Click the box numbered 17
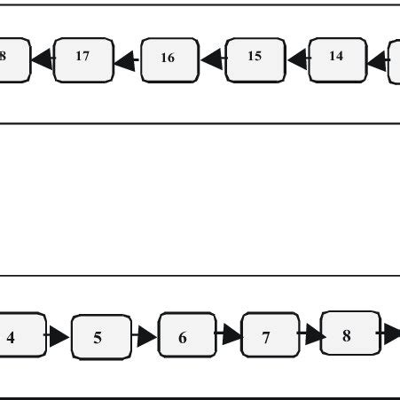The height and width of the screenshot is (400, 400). click(x=82, y=59)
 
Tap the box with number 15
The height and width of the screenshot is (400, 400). click(x=255, y=59)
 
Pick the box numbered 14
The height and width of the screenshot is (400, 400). click(x=337, y=59)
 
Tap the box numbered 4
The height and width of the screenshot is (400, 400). click(x=18, y=336)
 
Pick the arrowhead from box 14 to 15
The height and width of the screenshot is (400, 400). click(x=297, y=59)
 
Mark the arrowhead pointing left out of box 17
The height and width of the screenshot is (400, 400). click(x=42, y=60)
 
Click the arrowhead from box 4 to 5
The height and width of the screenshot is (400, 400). click(x=59, y=337)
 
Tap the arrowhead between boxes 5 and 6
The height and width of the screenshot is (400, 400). click(x=145, y=337)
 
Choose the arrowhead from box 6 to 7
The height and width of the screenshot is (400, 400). click(x=231, y=336)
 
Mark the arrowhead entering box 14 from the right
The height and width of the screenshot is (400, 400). click(x=377, y=60)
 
